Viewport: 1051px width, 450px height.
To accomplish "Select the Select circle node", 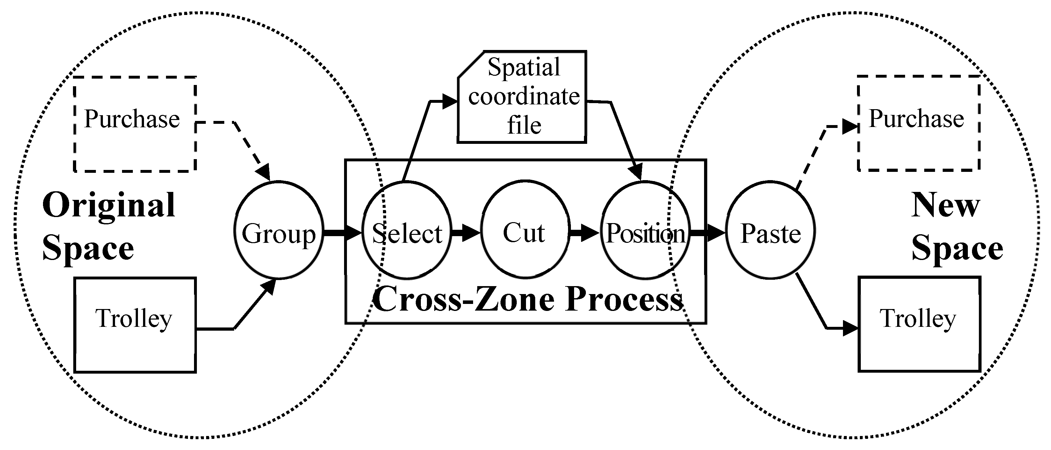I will pyautogui.click(x=407, y=231).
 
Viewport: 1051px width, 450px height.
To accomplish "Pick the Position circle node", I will pyautogui.click(x=645, y=231).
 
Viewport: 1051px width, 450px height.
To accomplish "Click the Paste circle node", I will pyautogui.click(x=770, y=231).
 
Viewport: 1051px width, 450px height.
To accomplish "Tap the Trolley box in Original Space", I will pyautogui.click(x=135, y=325).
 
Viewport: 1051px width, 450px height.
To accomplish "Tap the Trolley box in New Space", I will pyautogui.click(x=919, y=324).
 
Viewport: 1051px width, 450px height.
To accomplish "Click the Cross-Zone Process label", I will pyautogui.click(x=528, y=299).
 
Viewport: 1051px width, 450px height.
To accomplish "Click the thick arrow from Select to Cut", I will pyautogui.click(x=465, y=233).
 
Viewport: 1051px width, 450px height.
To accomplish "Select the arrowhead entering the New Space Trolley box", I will pyautogui.click(x=851, y=328).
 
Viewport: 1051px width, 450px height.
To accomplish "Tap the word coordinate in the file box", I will pyautogui.click(x=524, y=97).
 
